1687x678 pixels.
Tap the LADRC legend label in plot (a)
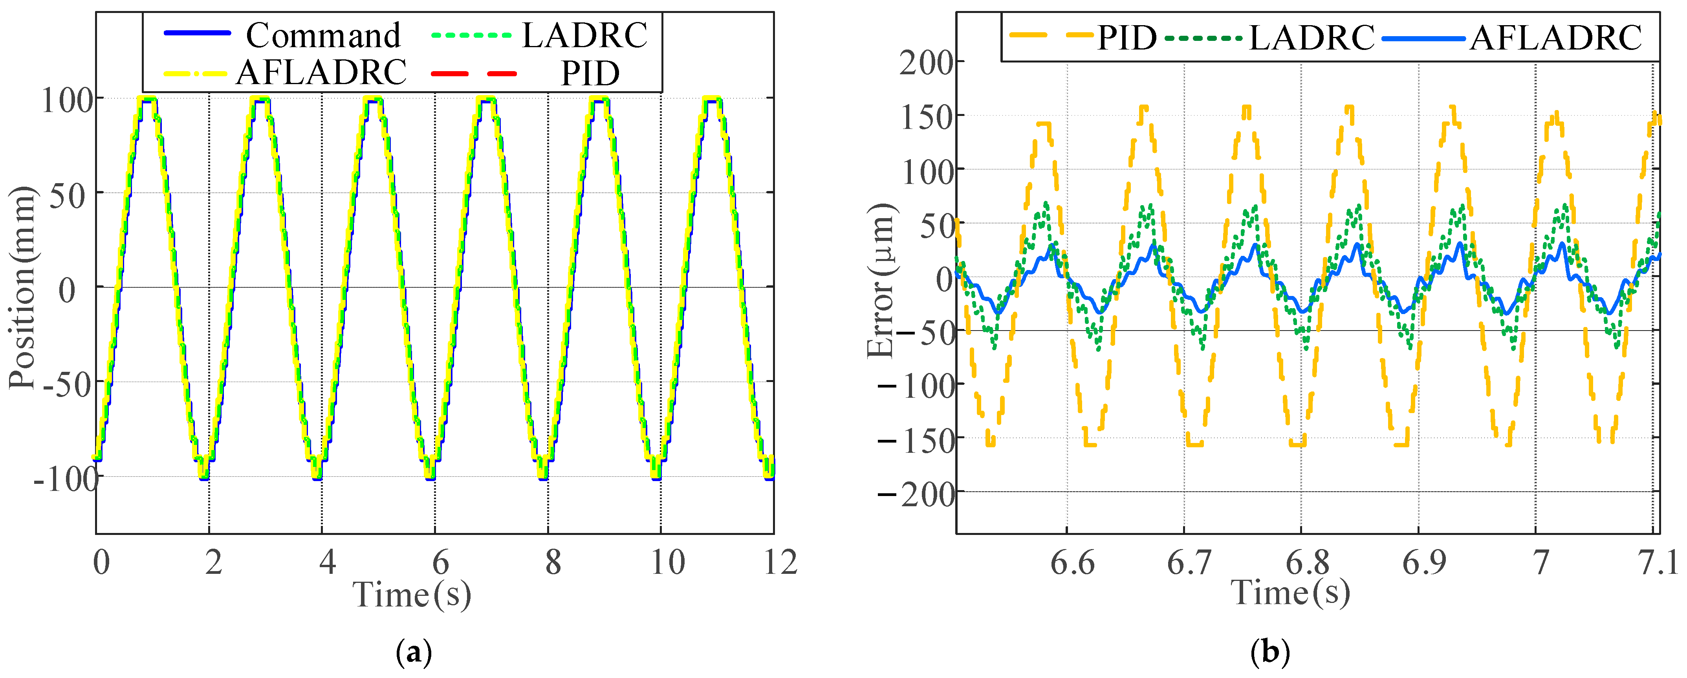(x=584, y=35)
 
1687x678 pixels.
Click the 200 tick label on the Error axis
(x=926, y=63)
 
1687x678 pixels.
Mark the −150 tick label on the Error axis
(x=916, y=440)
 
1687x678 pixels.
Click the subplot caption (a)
(x=414, y=653)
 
